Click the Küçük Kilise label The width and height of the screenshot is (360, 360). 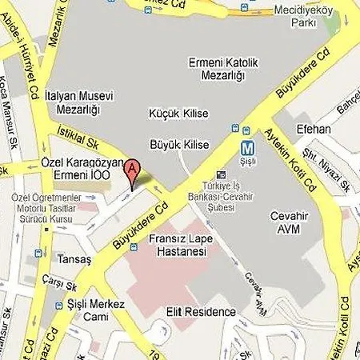tap(177, 114)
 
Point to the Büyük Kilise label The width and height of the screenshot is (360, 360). tap(179, 145)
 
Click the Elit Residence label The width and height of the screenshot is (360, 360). tap(201, 312)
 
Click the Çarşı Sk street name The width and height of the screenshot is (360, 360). tap(61, 285)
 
